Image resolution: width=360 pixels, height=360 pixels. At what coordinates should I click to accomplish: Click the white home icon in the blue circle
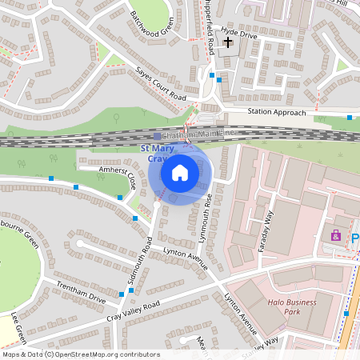180,172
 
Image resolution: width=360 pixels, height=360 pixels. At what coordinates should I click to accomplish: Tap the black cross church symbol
229,41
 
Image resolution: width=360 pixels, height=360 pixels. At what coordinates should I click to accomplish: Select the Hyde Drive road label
240,36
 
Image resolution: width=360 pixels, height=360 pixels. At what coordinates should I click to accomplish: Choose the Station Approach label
276,113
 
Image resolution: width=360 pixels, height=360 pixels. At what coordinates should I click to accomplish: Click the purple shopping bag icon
336,235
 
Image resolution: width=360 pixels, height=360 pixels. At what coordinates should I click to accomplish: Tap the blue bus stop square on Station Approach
350,118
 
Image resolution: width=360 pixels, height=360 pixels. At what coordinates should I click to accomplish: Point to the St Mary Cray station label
158,154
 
